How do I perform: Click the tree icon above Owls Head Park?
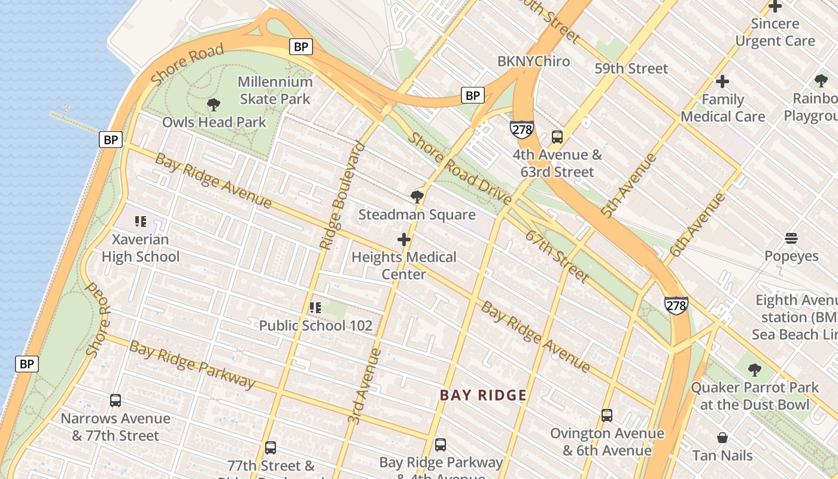pos(214,105)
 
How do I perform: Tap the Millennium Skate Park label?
pos(275,90)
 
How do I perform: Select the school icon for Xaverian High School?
pos(141,222)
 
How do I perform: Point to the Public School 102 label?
pos(315,326)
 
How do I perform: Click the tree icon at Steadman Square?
pos(417,196)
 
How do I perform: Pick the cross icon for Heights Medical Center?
pos(404,240)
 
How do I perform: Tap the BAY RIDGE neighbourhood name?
pos(483,395)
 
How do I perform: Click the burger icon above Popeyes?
pos(791,238)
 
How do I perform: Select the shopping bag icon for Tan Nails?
pos(722,438)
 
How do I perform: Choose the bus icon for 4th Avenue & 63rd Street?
pos(557,137)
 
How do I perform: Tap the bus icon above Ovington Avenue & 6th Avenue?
pos(607,415)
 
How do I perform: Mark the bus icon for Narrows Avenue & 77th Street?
pos(116,400)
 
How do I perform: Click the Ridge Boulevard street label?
pos(342,195)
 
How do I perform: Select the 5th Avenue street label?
pos(629,185)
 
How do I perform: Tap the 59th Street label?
pos(631,68)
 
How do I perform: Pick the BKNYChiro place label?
pos(533,61)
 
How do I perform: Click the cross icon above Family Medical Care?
pos(722,81)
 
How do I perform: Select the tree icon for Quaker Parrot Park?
pos(755,369)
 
